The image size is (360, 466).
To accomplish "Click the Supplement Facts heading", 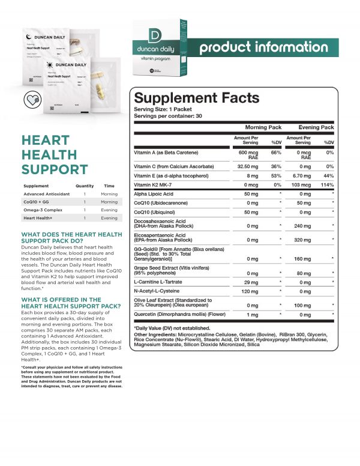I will [196, 98].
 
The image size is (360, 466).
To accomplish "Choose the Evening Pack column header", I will [316, 127].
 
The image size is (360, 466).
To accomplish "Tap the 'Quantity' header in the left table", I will [85, 186].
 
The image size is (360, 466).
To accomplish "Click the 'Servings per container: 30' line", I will [169, 115].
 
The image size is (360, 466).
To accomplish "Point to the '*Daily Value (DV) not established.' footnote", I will [172, 329].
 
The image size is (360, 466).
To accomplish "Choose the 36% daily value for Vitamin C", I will [276, 166].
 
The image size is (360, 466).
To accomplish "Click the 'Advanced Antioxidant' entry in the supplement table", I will [47, 194].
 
